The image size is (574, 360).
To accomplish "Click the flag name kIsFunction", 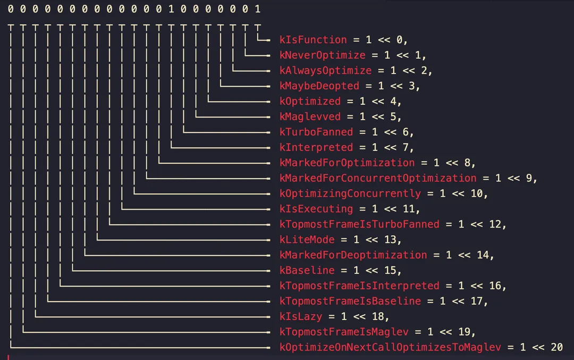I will point(313,40).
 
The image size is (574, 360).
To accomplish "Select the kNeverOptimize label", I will point(322,55).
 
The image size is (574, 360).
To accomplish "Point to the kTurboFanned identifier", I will point(316,132).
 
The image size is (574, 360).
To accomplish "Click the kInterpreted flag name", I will point(316,147).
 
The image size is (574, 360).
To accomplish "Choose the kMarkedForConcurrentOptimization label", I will point(378,178).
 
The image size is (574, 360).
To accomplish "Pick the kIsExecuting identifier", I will point(316,209).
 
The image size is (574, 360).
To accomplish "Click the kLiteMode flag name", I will point(307,240).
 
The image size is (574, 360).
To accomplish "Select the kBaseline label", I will point(307,271).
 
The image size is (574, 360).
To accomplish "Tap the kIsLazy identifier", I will point(300,316).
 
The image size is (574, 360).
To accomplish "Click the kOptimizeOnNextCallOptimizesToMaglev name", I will point(390,348).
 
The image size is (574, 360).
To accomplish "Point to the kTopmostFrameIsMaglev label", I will point(344,332).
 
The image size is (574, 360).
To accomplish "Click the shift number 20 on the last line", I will point(556,348).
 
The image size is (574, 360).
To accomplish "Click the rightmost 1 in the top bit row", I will point(258,10).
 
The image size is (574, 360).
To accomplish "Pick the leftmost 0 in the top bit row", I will point(11,10).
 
